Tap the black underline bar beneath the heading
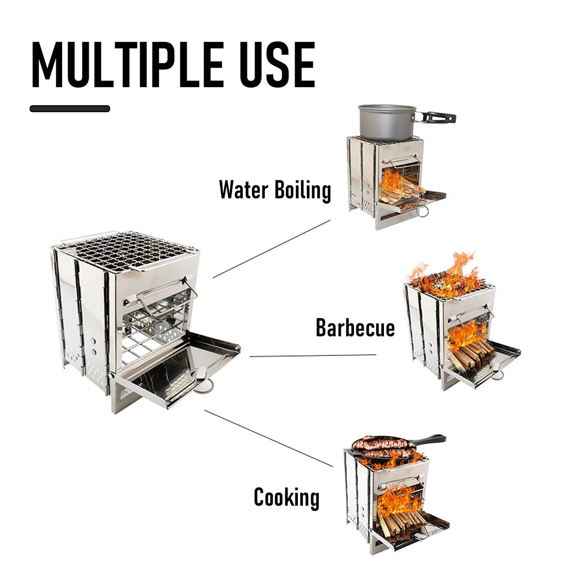click(x=70, y=109)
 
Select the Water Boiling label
click(x=275, y=190)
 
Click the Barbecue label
click(x=355, y=328)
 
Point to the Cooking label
click(x=286, y=497)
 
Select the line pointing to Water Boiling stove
click(x=272, y=249)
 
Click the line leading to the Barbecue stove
click(x=313, y=356)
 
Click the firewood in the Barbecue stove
click(x=469, y=354)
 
